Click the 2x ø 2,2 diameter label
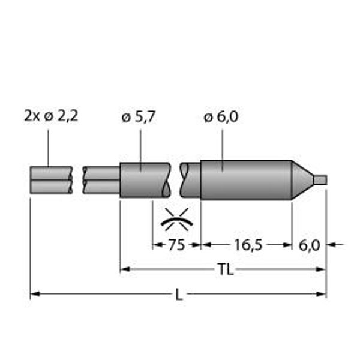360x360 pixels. [51, 116]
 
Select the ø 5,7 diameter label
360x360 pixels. [139, 117]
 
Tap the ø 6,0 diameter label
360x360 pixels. [221, 117]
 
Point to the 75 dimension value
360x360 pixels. [176, 245]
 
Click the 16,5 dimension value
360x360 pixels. [248, 245]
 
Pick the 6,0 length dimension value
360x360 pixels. [309, 245]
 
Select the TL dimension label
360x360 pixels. [226, 269]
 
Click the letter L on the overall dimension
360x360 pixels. [179, 295]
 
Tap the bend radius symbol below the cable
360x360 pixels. [177, 219]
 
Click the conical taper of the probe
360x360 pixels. [302, 180]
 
